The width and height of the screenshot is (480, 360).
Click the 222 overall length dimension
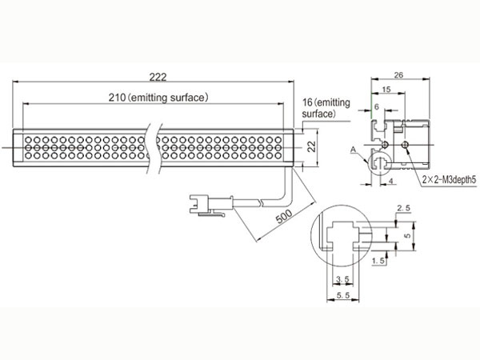158,77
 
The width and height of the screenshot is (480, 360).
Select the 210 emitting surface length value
117,98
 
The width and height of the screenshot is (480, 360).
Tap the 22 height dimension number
312,147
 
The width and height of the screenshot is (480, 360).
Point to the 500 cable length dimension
284,217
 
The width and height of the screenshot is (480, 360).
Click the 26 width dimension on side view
398,75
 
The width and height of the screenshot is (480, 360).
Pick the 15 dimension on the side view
386,89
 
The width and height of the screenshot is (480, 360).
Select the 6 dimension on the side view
377,106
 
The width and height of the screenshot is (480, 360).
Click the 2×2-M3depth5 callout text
450,180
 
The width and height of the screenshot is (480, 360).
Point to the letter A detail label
354,150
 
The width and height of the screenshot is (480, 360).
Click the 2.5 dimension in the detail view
403,208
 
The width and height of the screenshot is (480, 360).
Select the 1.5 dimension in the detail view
378,261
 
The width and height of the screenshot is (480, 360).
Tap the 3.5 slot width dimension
342,279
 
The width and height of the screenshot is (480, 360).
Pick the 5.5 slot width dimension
343,295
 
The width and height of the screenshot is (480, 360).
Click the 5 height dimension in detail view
407,236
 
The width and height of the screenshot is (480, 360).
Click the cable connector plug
211,204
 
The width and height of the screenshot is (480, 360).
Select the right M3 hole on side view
406,144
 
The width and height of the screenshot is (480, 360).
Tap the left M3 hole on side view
385,144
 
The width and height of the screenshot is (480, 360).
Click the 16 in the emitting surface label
307,102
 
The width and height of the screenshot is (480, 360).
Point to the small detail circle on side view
369,163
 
